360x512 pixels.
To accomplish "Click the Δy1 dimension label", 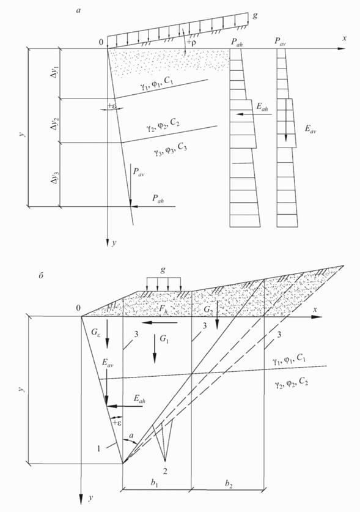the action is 56,73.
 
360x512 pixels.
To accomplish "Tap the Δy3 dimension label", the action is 56,175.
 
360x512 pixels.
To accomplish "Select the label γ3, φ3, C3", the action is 170,150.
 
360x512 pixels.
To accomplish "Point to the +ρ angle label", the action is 193,43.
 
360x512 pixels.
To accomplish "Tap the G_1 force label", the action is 164,339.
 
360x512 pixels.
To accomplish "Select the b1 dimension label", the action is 155,484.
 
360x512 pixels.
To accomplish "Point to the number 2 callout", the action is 166,467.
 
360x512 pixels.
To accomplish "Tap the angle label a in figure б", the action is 131,436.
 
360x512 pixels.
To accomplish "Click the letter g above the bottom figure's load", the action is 163,270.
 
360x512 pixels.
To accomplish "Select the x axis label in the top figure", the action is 344,38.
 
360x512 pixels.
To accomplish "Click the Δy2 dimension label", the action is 56,121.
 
